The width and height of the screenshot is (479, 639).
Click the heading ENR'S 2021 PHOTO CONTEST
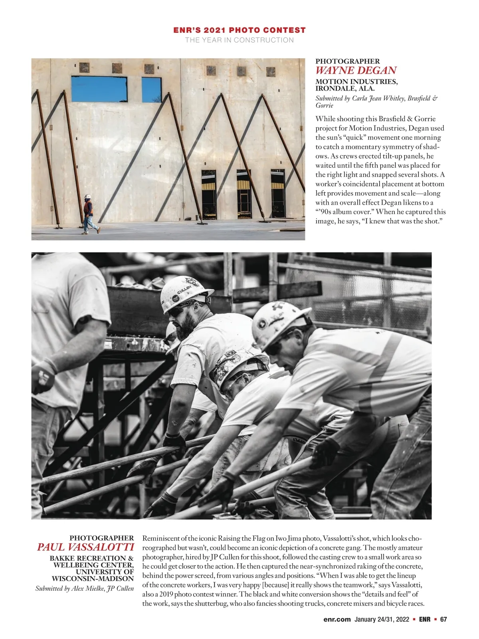click(x=239, y=30)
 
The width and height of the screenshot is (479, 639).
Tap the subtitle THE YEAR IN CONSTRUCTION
click(x=239, y=40)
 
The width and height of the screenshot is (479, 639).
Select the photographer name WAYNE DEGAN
click(x=356, y=71)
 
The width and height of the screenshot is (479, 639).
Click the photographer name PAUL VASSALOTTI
click(x=85, y=547)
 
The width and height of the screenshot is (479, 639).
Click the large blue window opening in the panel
click(x=99, y=89)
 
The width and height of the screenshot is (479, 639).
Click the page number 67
click(x=443, y=619)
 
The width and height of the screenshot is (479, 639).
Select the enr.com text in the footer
click(x=337, y=619)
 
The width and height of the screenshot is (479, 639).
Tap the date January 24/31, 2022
click(x=382, y=619)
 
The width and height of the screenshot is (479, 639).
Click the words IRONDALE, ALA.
click(x=345, y=88)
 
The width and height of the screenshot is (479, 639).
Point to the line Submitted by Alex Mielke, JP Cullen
click(x=85, y=588)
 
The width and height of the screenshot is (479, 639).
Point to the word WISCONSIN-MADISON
click(x=93, y=578)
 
